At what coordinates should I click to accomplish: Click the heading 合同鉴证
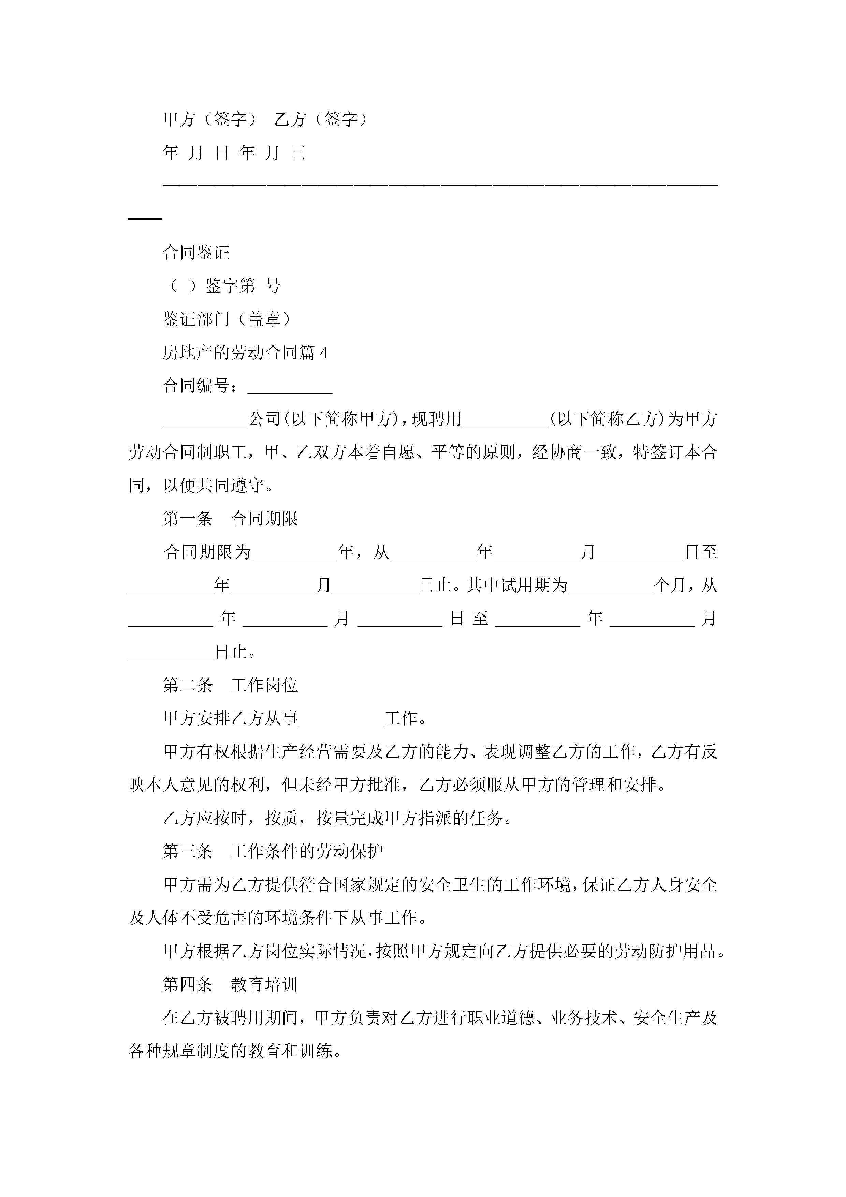tap(196, 253)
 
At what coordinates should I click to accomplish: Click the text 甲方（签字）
tap(210, 119)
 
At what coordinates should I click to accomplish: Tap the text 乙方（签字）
tap(321, 119)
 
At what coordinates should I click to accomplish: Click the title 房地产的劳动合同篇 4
tap(245, 353)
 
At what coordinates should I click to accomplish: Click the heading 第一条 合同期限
tap(230, 519)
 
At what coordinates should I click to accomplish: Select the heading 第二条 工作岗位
tap(230, 685)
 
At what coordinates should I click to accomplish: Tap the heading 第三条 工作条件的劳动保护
tap(273, 851)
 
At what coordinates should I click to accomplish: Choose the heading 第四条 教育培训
tap(230, 984)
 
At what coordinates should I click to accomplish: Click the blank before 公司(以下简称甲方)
tap(205, 420)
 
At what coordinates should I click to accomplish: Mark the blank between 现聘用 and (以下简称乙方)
tap(505, 420)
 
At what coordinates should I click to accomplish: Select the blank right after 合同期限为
tap(294, 553)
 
